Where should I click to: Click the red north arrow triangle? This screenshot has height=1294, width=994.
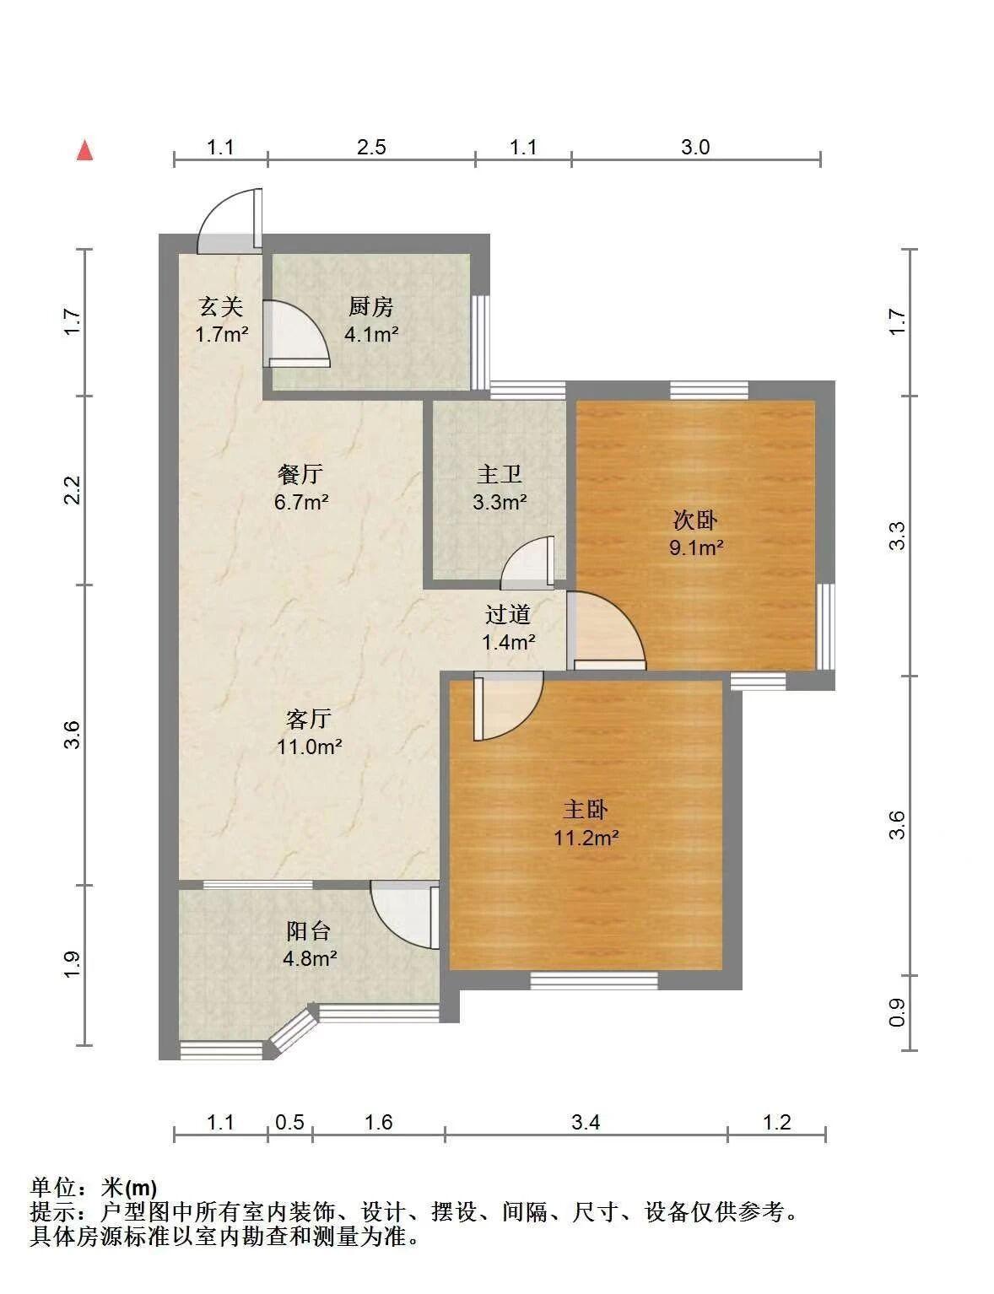coord(86,150)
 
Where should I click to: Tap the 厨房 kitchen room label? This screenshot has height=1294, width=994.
coord(371,307)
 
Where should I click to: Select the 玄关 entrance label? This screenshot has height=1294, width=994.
coord(221,307)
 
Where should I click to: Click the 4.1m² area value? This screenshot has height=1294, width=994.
coord(371,334)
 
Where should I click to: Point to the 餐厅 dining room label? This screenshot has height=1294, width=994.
coord(300,474)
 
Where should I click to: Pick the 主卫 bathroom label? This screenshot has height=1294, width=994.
coord(499,474)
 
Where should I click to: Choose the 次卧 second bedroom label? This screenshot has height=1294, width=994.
coord(695,520)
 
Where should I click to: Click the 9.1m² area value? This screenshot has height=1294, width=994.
coord(696,547)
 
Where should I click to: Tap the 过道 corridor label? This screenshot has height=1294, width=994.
coord(507,614)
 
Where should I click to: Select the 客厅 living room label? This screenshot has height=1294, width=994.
coord(309,719)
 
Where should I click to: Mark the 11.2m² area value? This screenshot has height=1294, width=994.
coord(586,838)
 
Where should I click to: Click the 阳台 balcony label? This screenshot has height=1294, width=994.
coord(309,930)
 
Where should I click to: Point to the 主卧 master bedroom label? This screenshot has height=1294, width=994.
coord(586,810)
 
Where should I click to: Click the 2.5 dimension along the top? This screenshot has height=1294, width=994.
coord(371,147)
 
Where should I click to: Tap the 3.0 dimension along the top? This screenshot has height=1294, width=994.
coord(695,147)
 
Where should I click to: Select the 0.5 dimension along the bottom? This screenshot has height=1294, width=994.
coord(289,1123)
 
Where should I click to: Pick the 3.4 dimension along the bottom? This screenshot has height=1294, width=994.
coord(586,1123)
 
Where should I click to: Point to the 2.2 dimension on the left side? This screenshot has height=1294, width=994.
coord(72,490)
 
